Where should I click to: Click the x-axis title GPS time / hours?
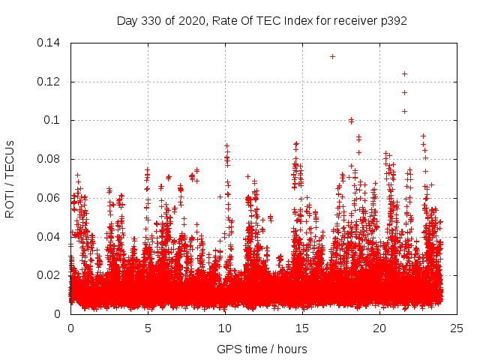click(262, 349)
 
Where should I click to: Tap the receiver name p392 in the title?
click(393, 21)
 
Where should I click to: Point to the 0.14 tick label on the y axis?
click(50, 43)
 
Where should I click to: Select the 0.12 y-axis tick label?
click(50, 82)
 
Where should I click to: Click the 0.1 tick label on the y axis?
click(54, 120)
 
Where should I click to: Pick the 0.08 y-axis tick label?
click(50, 159)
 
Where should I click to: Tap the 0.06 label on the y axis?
click(50, 198)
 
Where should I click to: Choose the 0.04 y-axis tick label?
click(50, 237)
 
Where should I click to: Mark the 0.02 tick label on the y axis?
click(50, 275)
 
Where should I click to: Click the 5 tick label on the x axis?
click(148, 328)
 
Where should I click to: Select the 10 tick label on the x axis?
click(225, 328)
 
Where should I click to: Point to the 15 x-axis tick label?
click(302, 328)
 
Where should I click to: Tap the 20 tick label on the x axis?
click(379, 328)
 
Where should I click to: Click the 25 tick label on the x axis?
click(457, 328)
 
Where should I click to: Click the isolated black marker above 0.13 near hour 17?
click(332, 56)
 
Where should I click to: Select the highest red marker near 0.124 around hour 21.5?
click(404, 73)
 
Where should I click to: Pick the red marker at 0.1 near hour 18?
click(351, 120)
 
